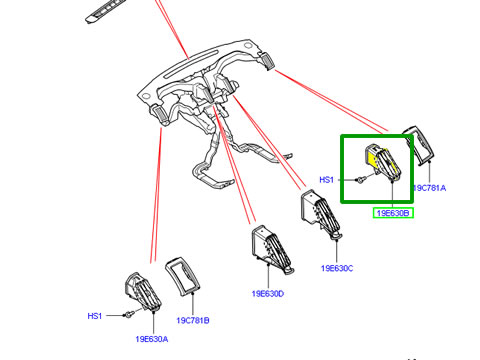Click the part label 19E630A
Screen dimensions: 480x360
point(152,339)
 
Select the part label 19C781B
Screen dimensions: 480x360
point(193,320)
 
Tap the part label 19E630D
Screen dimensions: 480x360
point(268,294)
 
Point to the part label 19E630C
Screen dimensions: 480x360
point(337,268)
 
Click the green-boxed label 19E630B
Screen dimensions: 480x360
point(393,213)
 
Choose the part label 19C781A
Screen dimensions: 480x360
point(429,188)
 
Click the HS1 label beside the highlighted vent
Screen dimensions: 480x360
point(326,180)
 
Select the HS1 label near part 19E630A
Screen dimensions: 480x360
point(95,316)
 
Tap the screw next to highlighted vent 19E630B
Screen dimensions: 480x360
point(360,180)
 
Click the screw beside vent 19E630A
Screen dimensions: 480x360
point(128,314)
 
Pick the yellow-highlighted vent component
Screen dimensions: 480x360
point(383,162)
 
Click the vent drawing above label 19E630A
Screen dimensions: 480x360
point(143,292)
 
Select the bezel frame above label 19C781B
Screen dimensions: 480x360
point(182,276)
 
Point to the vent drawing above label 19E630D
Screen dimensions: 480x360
point(272,248)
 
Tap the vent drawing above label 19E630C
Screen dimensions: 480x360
point(321,213)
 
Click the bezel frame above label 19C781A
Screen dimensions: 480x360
point(419,145)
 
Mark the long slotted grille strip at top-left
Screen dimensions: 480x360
point(104,12)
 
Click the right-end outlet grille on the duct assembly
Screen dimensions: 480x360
point(267,61)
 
